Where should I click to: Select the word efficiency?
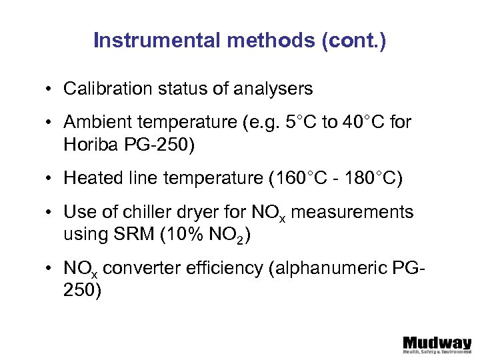[x=207, y=269]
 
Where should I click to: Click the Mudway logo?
[x=437, y=344]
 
